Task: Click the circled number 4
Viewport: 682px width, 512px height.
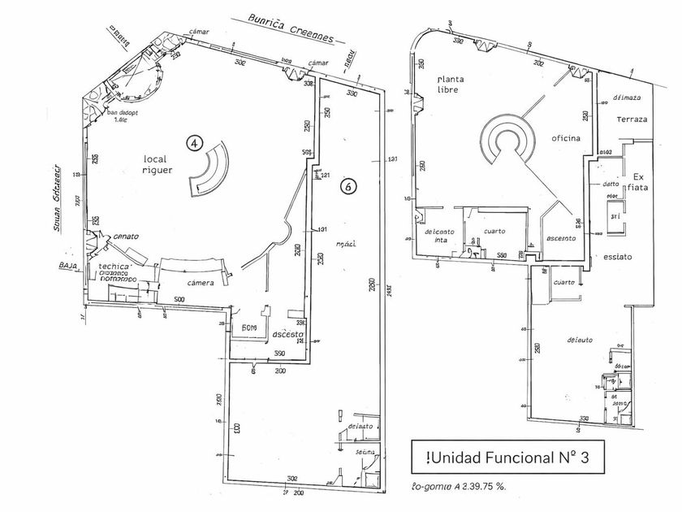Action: pos(194,143)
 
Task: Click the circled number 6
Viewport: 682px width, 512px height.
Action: pos(347,185)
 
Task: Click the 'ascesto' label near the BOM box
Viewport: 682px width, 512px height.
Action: pos(287,334)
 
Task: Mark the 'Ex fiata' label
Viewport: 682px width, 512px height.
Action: pos(637,184)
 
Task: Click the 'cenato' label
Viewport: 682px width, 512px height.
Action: pos(125,236)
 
